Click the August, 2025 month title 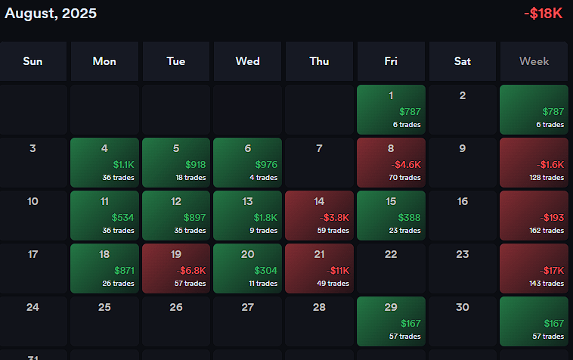[51, 13]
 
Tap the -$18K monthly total [543, 14]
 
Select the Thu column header [319, 61]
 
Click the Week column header [534, 61]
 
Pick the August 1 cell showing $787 [391, 110]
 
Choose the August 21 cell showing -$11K [319, 268]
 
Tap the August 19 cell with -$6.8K [176, 268]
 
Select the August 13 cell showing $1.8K [247, 216]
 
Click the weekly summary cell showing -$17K [534, 268]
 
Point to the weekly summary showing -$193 [534, 216]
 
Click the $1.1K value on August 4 [124, 164]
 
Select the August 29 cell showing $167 [391, 321]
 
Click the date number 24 [33, 307]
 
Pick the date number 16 [463, 201]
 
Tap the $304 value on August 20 [266, 270]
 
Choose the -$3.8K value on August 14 [333, 217]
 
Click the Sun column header [33, 61]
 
